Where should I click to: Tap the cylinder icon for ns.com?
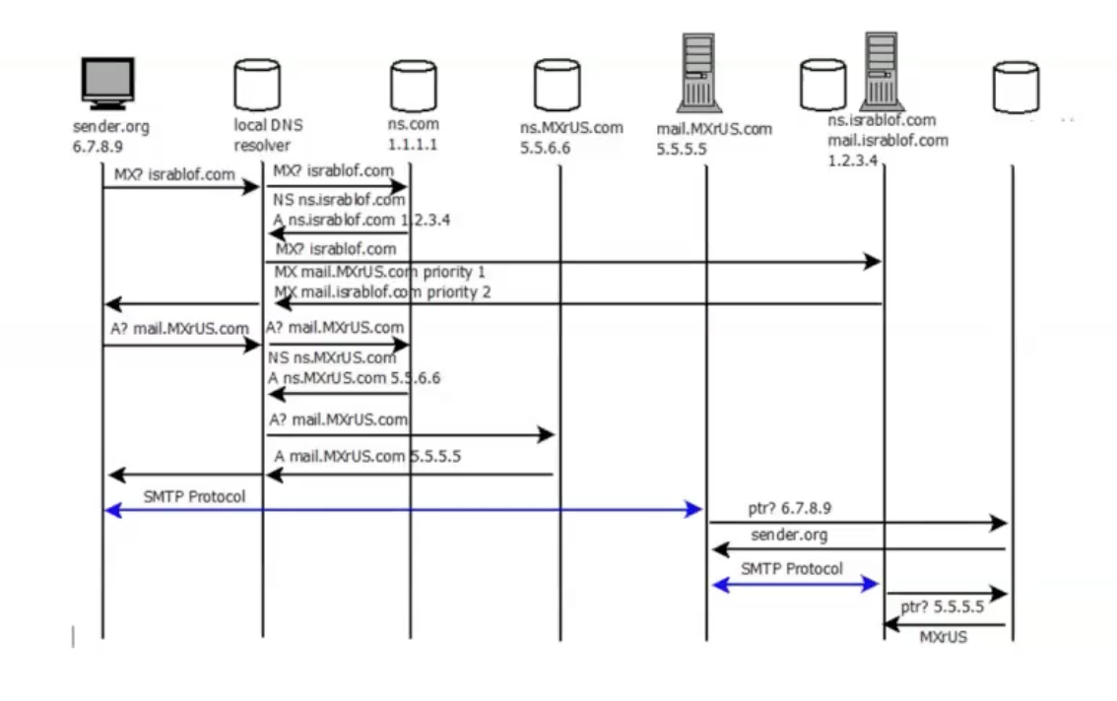click(x=413, y=86)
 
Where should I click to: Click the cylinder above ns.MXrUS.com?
click(x=557, y=86)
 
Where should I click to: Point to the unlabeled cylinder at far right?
click(x=1015, y=86)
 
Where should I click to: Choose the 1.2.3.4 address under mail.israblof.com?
click(x=853, y=159)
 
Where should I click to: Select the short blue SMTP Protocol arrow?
click(x=793, y=584)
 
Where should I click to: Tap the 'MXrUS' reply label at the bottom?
click(x=944, y=637)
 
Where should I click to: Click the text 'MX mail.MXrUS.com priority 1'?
click(x=380, y=271)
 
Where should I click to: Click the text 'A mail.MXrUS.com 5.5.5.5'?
click(x=367, y=457)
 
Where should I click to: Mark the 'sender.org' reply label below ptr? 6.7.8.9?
click(x=788, y=536)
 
